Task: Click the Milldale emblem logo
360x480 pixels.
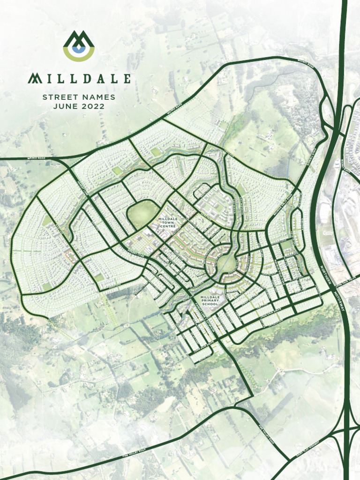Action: click(79, 46)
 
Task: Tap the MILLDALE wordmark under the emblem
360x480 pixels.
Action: click(79, 78)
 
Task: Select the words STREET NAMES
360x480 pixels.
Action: click(79, 97)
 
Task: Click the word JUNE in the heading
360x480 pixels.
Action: click(62, 106)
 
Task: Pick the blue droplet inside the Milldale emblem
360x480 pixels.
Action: click(79, 49)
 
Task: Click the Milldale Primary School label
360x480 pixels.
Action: click(210, 301)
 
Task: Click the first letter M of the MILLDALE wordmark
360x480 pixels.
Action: click(34, 78)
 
